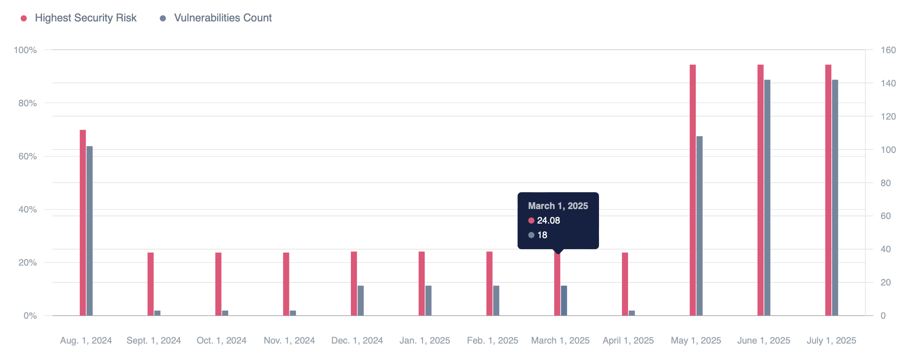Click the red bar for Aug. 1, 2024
click(x=83, y=222)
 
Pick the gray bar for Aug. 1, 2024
click(x=89, y=231)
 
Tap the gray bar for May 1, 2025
click(x=700, y=226)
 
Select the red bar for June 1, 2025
click(x=761, y=190)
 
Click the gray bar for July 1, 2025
click(x=835, y=198)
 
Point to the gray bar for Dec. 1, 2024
click(x=360, y=301)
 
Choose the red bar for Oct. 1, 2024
click(x=218, y=284)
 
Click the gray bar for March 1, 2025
click(x=564, y=301)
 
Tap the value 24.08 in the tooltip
click(x=548, y=221)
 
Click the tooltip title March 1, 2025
click(x=558, y=206)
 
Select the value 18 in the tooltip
click(x=542, y=235)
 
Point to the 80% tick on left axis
click(x=28, y=103)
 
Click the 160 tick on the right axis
click(x=888, y=50)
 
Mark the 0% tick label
click(x=30, y=316)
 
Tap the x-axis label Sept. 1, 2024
click(x=154, y=341)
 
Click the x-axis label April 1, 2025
click(x=628, y=341)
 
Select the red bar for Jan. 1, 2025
click(x=422, y=284)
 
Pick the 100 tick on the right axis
click(x=888, y=150)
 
